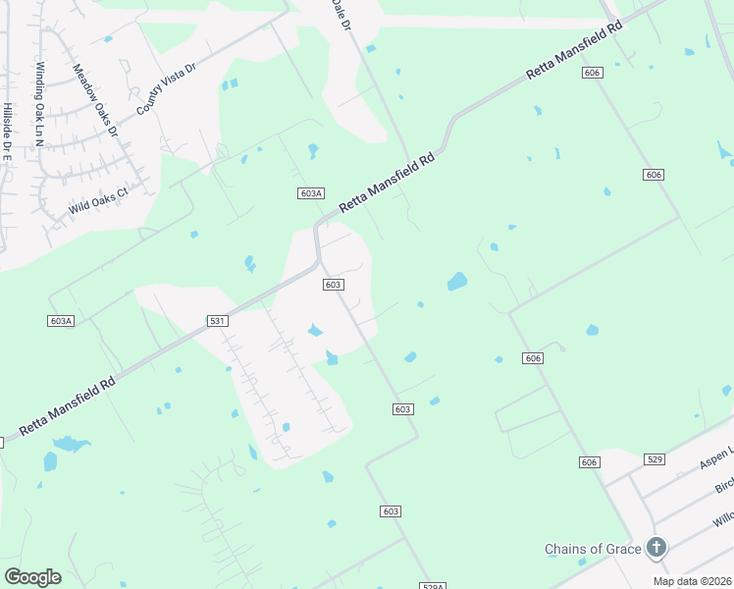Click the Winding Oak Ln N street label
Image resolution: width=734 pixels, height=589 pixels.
click(x=39, y=105)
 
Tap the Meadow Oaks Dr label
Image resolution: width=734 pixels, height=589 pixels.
click(x=95, y=100)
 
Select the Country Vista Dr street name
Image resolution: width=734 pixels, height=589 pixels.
click(x=167, y=87)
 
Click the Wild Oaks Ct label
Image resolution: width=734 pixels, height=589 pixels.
click(x=98, y=202)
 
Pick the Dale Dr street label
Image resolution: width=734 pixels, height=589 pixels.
click(x=341, y=13)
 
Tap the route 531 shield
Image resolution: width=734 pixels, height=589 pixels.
click(x=218, y=321)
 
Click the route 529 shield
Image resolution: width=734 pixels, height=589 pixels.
click(x=656, y=459)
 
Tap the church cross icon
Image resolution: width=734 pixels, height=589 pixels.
click(x=656, y=548)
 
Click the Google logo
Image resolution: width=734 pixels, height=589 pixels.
click(x=32, y=576)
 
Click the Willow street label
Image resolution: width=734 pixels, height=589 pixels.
click(x=724, y=517)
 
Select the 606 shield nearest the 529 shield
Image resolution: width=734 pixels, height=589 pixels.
click(x=589, y=462)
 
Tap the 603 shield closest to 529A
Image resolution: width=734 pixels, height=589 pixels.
click(x=391, y=511)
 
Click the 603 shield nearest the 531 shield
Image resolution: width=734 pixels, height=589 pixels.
click(x=333, y=284)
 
